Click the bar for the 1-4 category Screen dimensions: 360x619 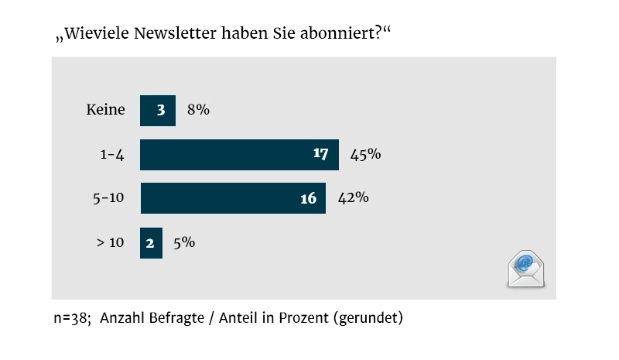point(239,154)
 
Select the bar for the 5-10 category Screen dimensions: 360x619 point(232,198)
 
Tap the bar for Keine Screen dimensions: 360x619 point(158,110)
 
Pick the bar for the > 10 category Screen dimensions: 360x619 point(151,242)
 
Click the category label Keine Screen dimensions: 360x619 point(105,110)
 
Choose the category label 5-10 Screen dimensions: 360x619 point(108,198)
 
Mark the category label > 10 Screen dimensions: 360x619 point(109,242)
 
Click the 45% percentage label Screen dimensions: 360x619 point(365,154)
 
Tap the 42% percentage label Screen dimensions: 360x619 point(353,198)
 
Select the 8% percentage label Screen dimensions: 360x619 point(199,110)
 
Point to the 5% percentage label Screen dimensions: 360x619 point(183,242)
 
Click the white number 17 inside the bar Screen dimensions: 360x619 point(321,154)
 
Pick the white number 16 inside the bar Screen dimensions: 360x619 point(308,198)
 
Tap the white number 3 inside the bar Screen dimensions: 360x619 point(161,110)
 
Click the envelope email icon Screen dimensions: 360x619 point(526,269)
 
